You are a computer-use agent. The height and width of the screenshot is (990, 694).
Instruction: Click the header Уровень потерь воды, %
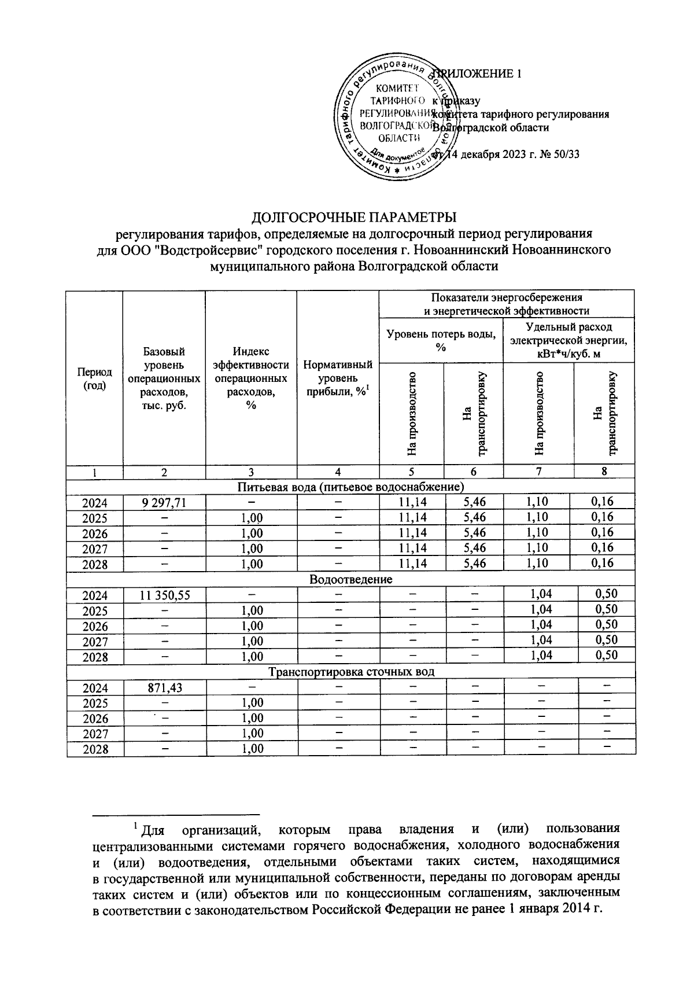click(x=441, y=340)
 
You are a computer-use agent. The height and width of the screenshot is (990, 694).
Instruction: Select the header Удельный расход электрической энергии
click(x=568, y=340)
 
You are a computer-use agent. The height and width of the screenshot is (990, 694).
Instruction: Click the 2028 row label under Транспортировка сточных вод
click(x=95, y=749)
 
